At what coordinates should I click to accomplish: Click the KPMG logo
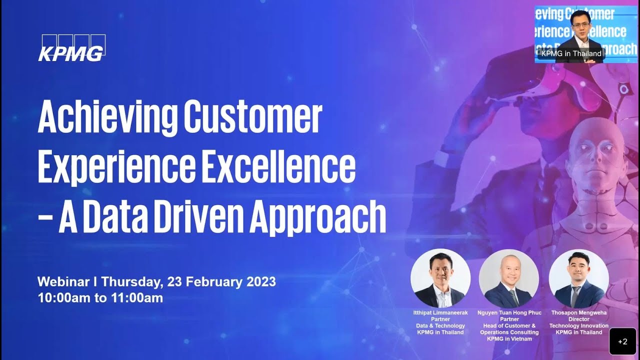click(x=71, y=48)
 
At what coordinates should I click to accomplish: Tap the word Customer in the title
click(x=252, y=117)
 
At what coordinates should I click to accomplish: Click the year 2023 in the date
click(x=261, y=281)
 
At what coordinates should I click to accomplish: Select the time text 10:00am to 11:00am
click(x=100, y=298)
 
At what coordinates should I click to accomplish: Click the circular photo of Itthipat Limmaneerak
click(x=440, y=278)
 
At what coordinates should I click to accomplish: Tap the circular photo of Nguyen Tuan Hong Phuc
click(x=508, y=278)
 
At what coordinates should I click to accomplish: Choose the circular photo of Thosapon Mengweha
click(x=578, y=278)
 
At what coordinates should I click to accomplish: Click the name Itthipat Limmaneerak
click(x=440, y=312)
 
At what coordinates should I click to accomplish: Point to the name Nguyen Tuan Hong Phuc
click(x=509, y=312)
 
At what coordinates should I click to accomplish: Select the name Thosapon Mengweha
click(x=578, y=312)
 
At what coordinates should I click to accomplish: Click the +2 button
click(x=622, y=341)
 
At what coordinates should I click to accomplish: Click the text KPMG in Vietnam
click(x=509, y=338)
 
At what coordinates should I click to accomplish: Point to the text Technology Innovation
click(x=578, y=325)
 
